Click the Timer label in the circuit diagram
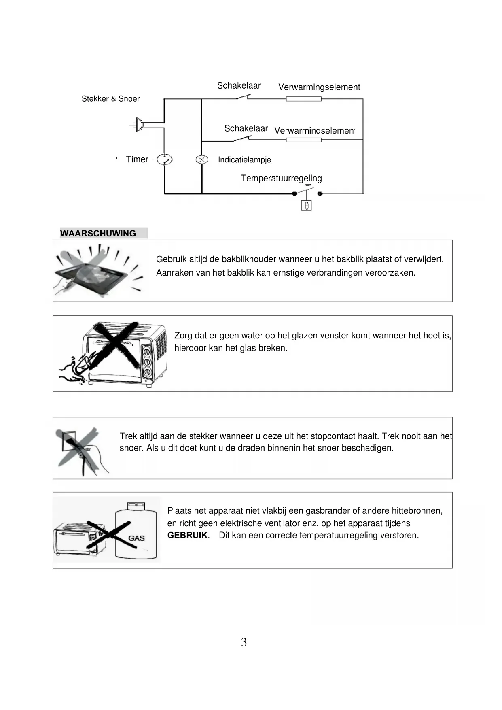[137, 159]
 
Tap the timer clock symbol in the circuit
[165, 159]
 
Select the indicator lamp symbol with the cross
[202, 159]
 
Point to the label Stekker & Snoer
[110, 99]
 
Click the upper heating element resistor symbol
[304, 99]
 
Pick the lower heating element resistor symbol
[304, 140]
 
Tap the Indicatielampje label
[244, 160]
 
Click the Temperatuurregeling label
[281, 178]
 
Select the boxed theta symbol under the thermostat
[307, 206]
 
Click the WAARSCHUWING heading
[98, 234]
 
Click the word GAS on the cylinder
[136, 538]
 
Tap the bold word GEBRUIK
[187, 535]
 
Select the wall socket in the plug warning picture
[68, 440]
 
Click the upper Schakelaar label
[239, 86]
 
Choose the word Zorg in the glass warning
[183, 336]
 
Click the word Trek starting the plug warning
[128, 436]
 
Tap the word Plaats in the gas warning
[179, 511]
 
